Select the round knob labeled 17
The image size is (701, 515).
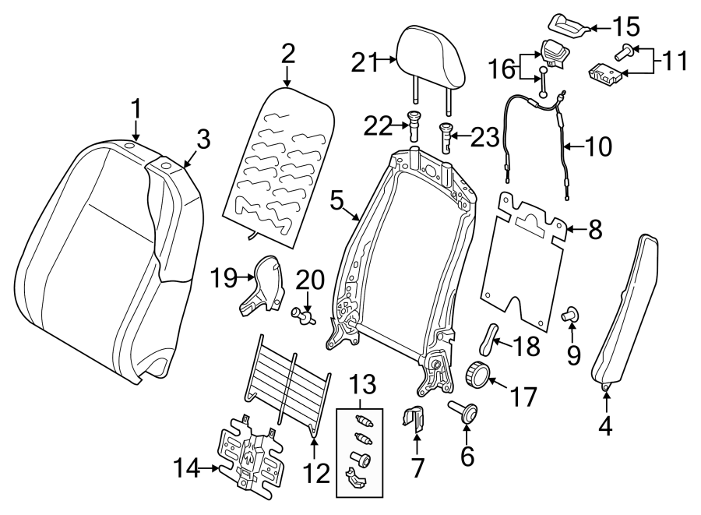pos(478,375)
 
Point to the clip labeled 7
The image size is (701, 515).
pos(416,418)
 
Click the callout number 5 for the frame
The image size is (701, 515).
pos(336,200)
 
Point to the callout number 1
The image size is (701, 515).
pos(136,108)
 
